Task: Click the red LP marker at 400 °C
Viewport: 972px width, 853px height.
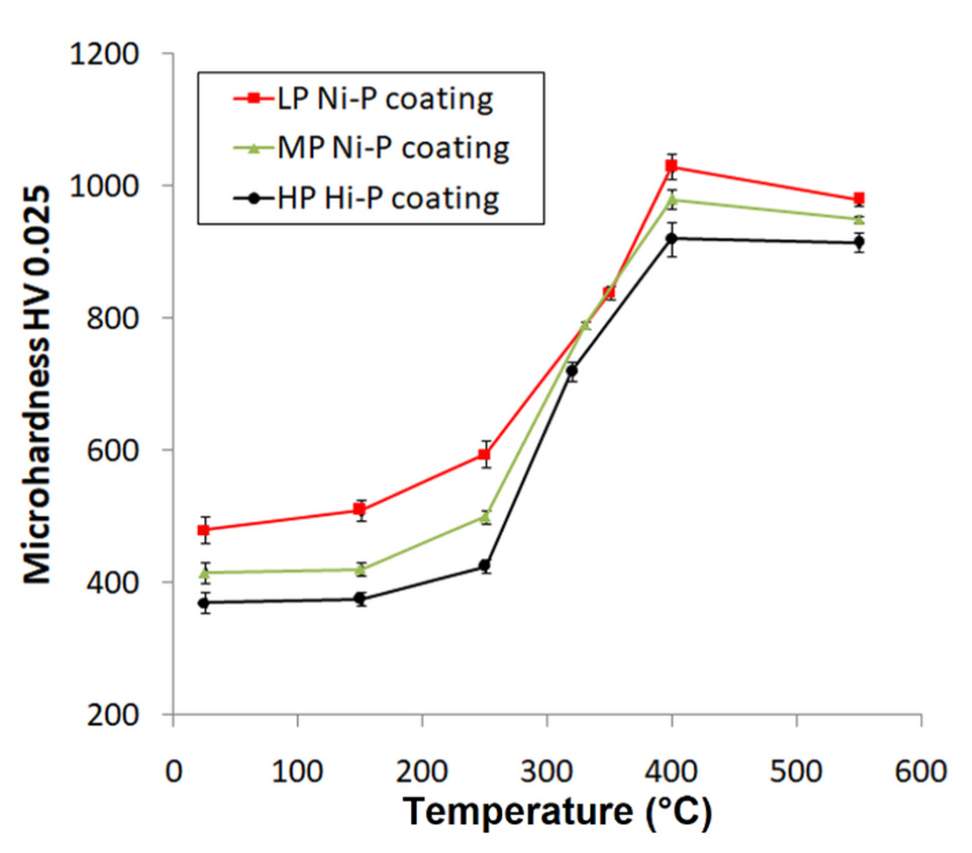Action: pyautogui.click(x=671, y=166)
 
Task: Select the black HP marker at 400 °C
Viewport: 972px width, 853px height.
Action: pyautogui.click(x=671, y=238)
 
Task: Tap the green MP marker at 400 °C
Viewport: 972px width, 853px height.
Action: pyautogui.click(x=672, y=199)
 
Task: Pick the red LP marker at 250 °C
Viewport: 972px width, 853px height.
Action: pyautogui.click(x=484, y=455)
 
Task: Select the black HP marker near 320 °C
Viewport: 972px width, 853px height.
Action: pyautogui.click(x=572, y=371)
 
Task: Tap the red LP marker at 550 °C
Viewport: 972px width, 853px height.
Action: pyautogui.click(x=859, y=198)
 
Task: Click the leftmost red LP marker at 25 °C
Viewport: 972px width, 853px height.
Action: pyautogui.click(x=204, y=530)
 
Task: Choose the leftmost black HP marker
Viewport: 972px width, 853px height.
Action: pyautogui.click(x=204, y=603)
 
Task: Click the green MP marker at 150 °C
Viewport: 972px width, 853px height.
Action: pyautogui.click(x=360, y=569)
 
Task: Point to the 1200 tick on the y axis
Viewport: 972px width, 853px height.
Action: pyautogui.click(x=105, y=54)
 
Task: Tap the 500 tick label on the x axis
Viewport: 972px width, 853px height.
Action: pyautogui.click(x=796, y=772)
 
